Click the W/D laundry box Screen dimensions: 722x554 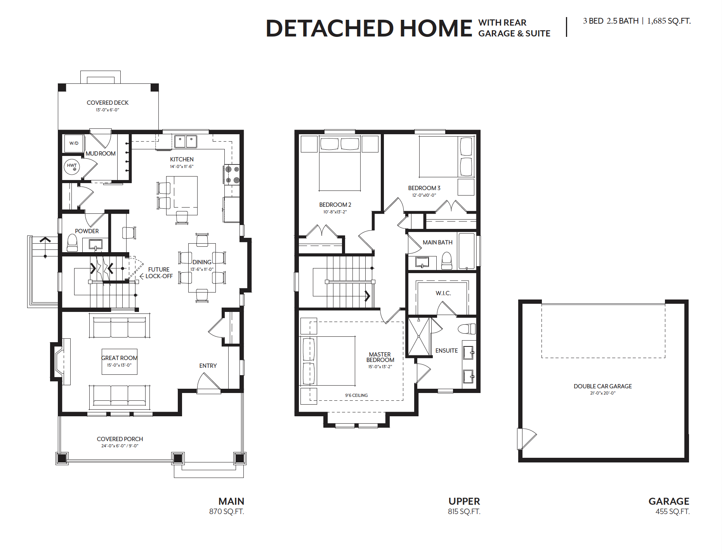[74, 143]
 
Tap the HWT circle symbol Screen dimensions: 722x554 [72, 167]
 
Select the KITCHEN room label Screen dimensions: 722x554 [182, 159]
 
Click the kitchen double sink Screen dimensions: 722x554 [185, 141]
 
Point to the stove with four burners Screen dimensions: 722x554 [232, 175]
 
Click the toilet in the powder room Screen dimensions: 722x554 [72, 242]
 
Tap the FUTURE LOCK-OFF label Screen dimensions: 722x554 [159, 273]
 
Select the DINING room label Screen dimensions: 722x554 [202, 262]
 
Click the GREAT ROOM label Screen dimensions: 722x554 [119, 358]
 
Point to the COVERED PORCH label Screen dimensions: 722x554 [120, 439]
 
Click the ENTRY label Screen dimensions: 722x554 [208, 365]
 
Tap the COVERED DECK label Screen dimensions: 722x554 [108, 102]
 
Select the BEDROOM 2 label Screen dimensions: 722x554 [335, 204]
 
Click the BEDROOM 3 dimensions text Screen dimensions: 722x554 [424, 195]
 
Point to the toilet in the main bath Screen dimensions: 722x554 [447, 260]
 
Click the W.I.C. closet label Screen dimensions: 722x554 [443, 293]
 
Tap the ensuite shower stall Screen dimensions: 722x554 [419, 336]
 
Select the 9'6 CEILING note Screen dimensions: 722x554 [356, 395]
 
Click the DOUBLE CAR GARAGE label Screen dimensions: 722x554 [602, 386]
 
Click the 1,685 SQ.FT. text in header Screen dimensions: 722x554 [669, 21]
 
